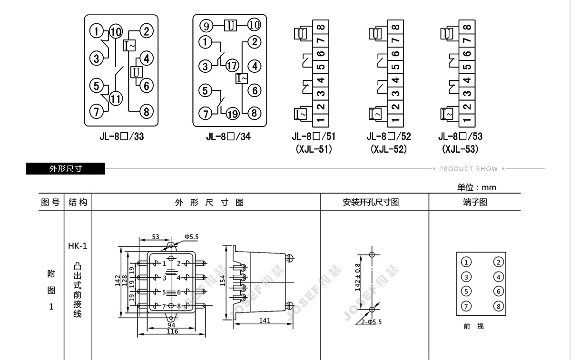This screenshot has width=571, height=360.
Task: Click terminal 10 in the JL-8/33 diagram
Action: pos(116,32)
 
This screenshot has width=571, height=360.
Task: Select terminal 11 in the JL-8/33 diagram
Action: pos(116,98)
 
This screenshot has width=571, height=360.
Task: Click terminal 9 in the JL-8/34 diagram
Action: pos(206,25)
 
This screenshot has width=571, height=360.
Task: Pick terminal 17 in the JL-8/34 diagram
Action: pos(232,66)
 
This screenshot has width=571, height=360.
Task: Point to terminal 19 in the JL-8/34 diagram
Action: pos(232,113)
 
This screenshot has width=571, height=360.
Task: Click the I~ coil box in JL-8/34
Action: pos(242,78)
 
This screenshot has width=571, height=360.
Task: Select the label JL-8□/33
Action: pos(122,137)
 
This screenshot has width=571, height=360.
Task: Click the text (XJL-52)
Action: pos(389,149)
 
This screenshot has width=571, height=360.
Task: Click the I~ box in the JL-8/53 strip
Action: pos(447,114)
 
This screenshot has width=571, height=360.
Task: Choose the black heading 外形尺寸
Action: pos(66,168)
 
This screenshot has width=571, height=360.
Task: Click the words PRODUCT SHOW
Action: pos(468,169)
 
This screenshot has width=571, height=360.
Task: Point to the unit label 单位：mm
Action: pos(477,187)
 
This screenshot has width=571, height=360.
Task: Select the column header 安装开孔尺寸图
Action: pos(374,202)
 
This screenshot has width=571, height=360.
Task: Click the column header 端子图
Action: pos(475,202)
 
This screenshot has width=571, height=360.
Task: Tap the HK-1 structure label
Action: pos(78,246)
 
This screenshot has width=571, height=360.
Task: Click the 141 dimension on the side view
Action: pos(265,321)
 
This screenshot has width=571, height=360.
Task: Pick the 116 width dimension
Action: pos(172,331)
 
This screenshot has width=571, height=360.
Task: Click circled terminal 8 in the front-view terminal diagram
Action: pos(498,306)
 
